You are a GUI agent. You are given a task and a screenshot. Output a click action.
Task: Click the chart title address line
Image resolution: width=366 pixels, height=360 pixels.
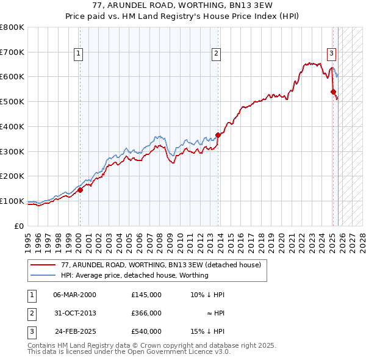pos(183,7)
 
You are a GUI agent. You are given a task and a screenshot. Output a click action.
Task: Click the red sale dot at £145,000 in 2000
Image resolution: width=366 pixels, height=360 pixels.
pos(80,190)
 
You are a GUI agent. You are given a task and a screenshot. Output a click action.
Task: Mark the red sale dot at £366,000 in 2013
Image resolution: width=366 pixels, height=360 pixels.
pos(218,135)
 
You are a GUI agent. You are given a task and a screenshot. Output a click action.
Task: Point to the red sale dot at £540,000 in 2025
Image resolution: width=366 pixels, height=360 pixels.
pos(334,92)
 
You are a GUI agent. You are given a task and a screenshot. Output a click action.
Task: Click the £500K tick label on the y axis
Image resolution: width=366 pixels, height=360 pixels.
pos(12,101)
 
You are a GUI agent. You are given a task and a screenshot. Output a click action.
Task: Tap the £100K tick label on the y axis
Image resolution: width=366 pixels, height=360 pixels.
pos(12,201)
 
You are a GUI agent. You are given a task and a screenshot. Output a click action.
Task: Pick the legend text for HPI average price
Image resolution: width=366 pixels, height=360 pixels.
pos(135,275)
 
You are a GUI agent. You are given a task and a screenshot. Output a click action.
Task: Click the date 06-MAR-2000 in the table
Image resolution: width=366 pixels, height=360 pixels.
pos(75,294)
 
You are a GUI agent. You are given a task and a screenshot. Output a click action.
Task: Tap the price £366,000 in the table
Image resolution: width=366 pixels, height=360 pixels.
pos(146,313)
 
